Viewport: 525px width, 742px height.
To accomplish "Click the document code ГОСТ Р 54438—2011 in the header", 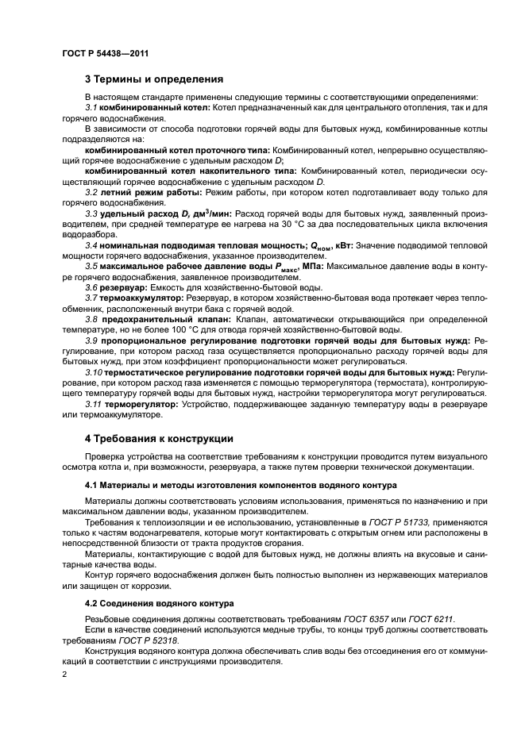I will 105,53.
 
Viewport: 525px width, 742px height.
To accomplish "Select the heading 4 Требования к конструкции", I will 159,438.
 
